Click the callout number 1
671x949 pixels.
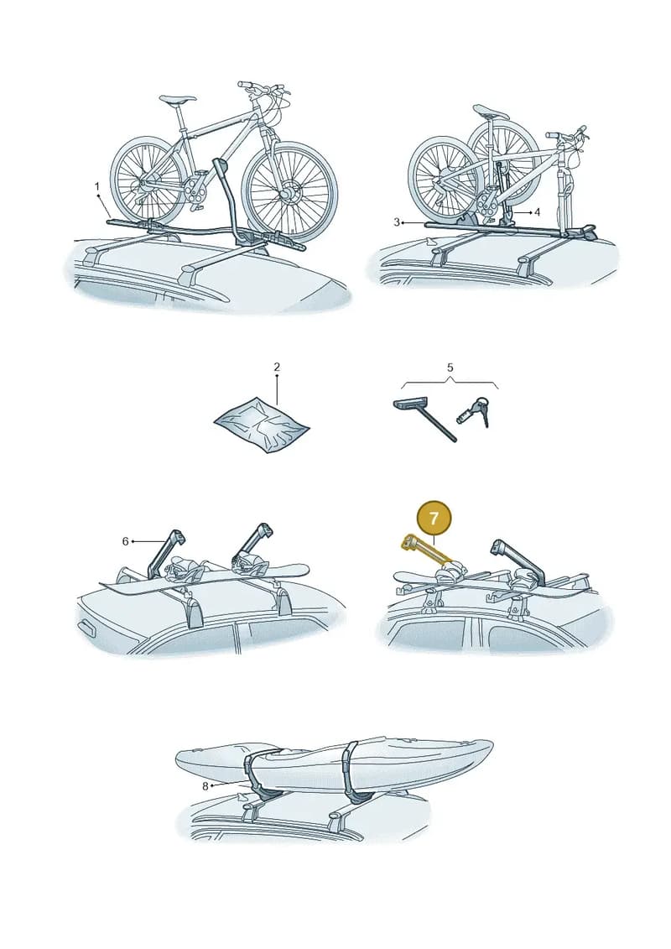[x=96, y=186]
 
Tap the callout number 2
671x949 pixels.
[x=277, y=367]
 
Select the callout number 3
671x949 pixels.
[x=397, y=222]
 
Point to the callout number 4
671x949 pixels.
[x=537, y=212]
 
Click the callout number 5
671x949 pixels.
[x=450, y=368]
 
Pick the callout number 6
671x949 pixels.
[x=125, y=540]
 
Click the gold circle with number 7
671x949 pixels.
[x=434, y=519]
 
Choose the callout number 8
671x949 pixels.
[x=205, y=785]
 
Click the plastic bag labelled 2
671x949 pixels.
[x=262, y=425]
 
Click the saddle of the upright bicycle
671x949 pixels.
[x=177, y=99]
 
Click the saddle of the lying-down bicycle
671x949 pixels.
[x=492, y=112]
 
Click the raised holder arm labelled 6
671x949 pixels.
[x=166, y=552]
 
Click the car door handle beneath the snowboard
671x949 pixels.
[x=86, y=628]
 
